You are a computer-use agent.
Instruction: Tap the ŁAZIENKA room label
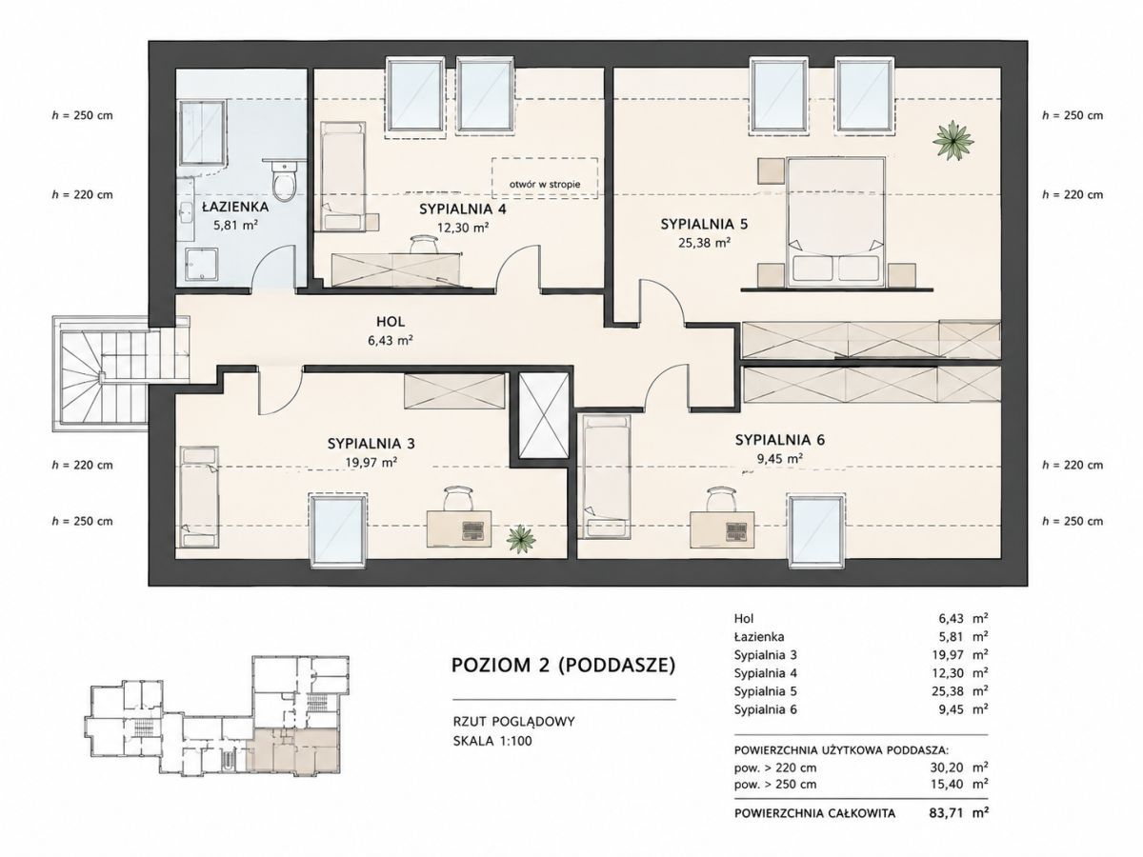[235, 207]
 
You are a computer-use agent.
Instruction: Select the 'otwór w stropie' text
[545, 184]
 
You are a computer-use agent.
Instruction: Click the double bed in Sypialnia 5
[836, 222]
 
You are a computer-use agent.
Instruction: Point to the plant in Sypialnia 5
[952, 140]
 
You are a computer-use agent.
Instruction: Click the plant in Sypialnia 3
[521, 539]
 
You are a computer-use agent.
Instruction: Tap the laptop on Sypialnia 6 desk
[737, 530]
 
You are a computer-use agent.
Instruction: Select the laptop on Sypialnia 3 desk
[472, 530]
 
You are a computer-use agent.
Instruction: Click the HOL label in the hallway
[391, 322]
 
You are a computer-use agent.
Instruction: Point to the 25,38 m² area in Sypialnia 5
[704, 243]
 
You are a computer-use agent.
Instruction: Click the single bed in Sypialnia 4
[343, 176]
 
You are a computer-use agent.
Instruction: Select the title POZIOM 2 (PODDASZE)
[564, 666]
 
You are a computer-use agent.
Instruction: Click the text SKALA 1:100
[492, 741]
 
